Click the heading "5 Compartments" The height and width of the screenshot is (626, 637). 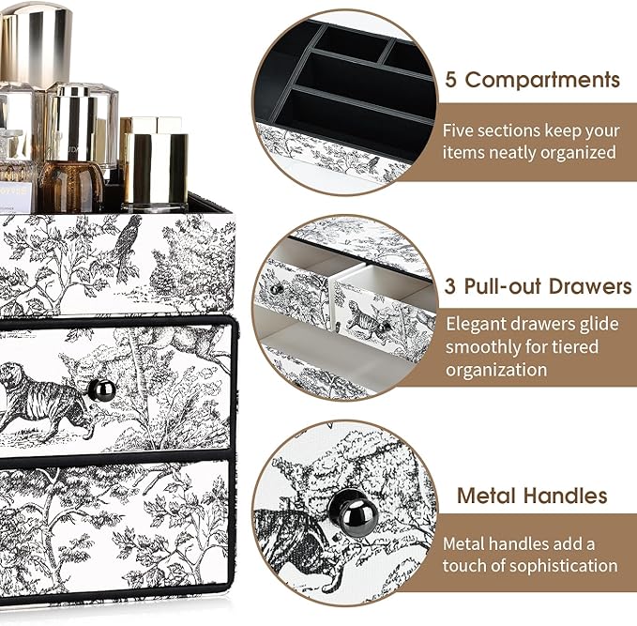[530, 80]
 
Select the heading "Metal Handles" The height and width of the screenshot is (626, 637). [532, 496]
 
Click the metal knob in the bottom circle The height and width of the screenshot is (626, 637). [355, 512]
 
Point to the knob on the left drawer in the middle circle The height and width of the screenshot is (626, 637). [278, 288]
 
